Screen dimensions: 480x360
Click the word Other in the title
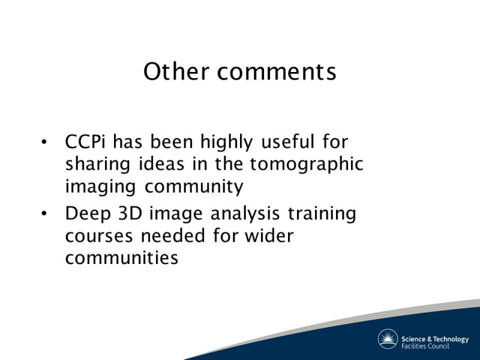pyautogui.click(x=176, y=71)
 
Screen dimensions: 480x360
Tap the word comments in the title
pyautogui.click(x=277, y=72)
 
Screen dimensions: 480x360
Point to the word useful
pyautogui.click(x=287, y=142)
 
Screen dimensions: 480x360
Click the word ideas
pyautogui.click(x=161, y=164)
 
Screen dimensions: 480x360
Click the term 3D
pyautogui.click(x=130, y=214)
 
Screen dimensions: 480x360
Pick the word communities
pyautogui.click(x=122, y=258)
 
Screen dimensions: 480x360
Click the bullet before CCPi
pyautogui.click(x=44, y=142)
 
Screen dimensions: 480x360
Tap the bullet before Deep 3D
pyautogui.click(x=44, y=214)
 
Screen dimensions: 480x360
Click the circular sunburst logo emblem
pyautogui.click(x=388, y=339)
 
